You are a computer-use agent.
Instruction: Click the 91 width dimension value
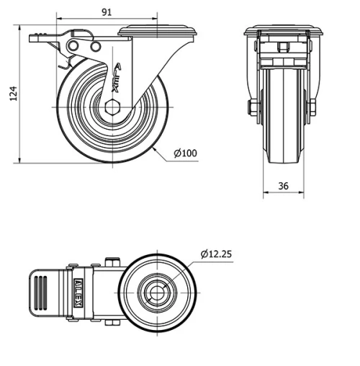(x=106, y=12)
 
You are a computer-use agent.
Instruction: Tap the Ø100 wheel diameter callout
(x=186, y=153)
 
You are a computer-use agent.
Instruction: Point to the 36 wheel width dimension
(x=283, y=186)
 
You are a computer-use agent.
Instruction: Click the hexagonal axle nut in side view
(x=113, y=108)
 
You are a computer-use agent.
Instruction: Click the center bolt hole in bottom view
(x=157, y=292)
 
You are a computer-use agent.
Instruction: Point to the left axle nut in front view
(x=253, y=108)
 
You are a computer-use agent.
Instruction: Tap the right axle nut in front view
(x=312, y=108)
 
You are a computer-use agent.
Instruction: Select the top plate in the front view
(x=283, y=31)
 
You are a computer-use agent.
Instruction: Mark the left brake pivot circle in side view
(x=73, y=46)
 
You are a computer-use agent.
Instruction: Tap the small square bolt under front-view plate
(x=283, y=47)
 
